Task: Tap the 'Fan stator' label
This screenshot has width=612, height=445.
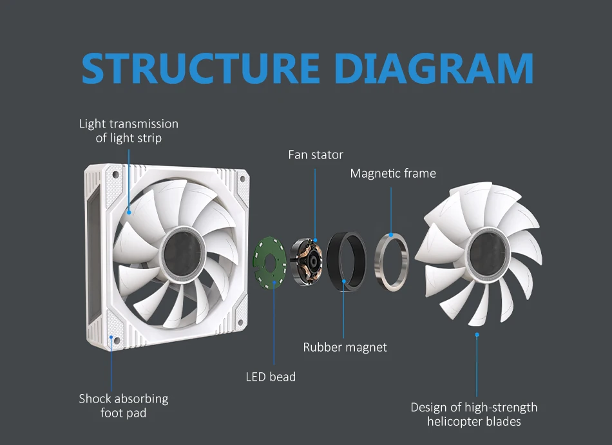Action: (315, 155)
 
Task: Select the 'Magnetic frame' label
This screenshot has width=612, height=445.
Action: (393, 173)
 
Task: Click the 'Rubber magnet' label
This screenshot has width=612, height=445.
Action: (345, 347)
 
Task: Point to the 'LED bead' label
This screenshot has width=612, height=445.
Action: (271, 376)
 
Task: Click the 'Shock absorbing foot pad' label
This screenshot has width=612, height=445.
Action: (123, 406)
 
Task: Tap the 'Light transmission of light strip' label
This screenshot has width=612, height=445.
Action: (129, 131)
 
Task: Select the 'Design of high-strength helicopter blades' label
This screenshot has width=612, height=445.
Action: (473, 414)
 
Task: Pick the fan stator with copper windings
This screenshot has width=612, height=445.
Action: (307, 261)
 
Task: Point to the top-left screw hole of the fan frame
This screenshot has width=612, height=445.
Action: (116, 175)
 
